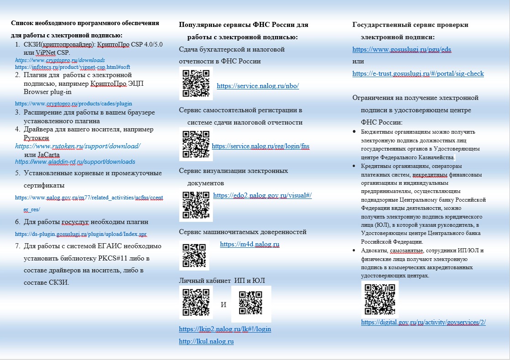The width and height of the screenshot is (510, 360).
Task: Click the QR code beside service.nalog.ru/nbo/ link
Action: (x=196, y=83)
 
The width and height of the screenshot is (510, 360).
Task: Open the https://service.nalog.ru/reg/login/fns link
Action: (x=260, y=146)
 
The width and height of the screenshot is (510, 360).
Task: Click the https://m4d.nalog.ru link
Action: (x=249, y=244)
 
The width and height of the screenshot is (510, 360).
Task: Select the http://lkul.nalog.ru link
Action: (x=206, y=341)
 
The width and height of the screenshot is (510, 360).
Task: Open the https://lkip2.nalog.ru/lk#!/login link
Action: (x=225, y=329)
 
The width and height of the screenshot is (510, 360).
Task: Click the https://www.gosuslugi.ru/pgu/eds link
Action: (x=402, y=49)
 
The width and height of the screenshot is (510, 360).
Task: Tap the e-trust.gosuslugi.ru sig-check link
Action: (x=418, y=73)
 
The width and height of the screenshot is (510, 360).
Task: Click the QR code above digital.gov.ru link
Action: (x=380, y=299)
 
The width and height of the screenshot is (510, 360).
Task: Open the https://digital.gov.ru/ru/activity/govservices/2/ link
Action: (x=423, y=322)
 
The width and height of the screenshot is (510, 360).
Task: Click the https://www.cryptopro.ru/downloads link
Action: (x=60, y=60)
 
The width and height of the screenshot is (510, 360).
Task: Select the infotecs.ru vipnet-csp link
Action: (x=73, y=67)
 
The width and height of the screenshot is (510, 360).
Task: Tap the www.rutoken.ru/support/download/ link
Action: (x=78, y=146)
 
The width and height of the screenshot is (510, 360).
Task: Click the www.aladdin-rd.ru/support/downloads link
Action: (x=75, y=162)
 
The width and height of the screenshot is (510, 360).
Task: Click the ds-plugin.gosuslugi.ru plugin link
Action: (x=81, y=234)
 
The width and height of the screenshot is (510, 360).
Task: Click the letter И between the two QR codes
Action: (x=223, y=304)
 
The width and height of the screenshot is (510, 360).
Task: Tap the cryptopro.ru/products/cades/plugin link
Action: (x=74, y=104)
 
